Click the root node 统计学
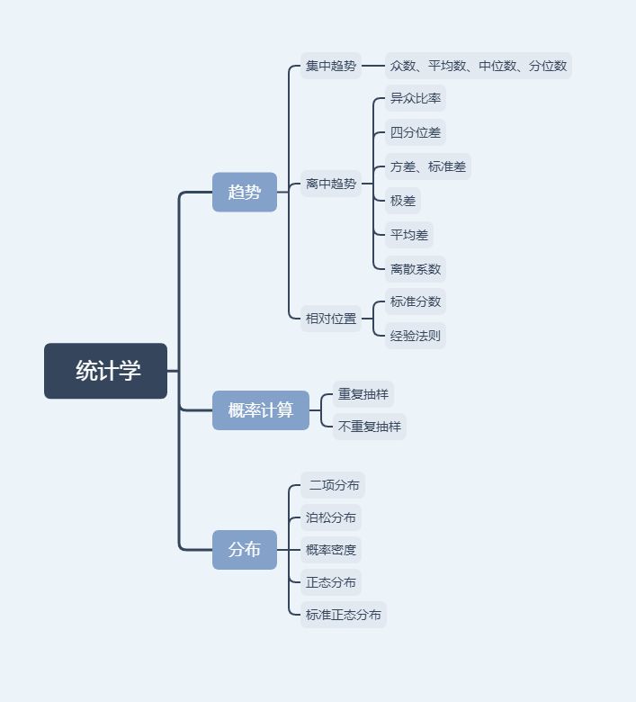click(x=106, y=371)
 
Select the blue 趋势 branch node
click(x=245, y=192)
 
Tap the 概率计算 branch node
click(x=261, y=410)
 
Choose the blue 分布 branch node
click(x=245, y=549)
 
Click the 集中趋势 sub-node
click(x=331, y=66)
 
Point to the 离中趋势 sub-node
click(x=331, y=184)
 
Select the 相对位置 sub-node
click(x=331, y=318)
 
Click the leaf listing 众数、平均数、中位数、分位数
click(x=479, y=66)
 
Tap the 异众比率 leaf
click(x=416, y=98)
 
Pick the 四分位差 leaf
click(x=416, y=132)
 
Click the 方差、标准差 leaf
click(x=428, y=166)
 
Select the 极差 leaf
click(x=403, y=201)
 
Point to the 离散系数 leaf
click(x=416, y=268)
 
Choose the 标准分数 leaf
click(x=416, y=301)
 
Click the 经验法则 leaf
click(x=416, y=336)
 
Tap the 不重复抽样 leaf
click(x=370, y=427)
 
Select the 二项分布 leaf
click(x=334, y=485)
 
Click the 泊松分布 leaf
click(x=331, y=517)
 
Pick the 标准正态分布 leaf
click(x=344, y=615)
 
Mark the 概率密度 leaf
click(x=331, y=550)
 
